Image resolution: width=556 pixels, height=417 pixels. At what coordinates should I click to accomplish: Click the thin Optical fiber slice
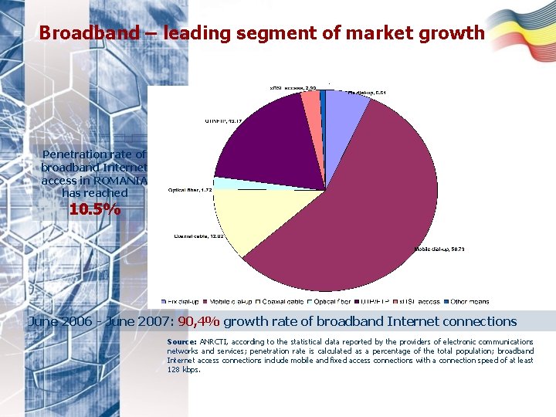(x=219, y=184)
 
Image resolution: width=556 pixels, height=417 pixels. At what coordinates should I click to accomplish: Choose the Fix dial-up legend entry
(x=180, y=301)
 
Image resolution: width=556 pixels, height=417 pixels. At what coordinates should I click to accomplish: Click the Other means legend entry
(x=470, y=301)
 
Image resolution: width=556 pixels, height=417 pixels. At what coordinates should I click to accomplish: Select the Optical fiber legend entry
(x=331, y=301)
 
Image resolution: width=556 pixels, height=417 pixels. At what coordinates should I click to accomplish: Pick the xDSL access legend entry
(x=419, y=301)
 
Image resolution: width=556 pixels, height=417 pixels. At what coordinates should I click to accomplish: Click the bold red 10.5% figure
(x=94, y=209)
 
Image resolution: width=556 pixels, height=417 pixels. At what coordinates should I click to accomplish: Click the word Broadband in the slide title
(x=76, y=33)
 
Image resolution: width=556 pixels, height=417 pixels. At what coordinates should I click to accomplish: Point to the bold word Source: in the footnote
(x=181, y=341)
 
